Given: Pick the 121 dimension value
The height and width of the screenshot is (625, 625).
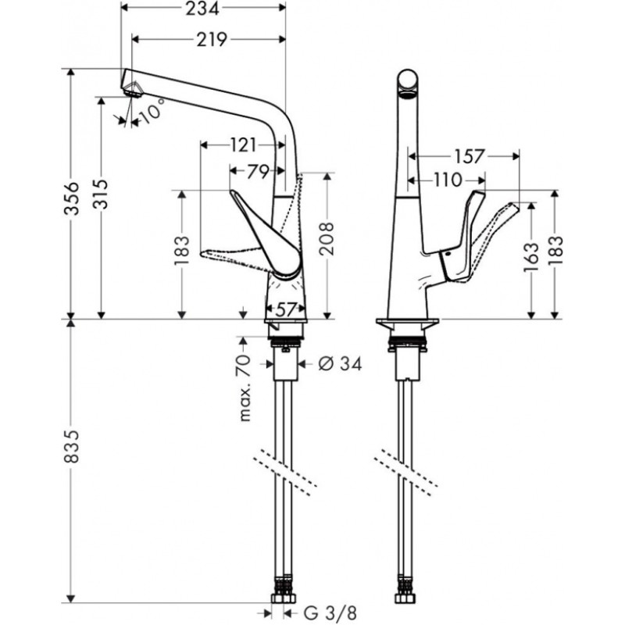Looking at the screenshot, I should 244,145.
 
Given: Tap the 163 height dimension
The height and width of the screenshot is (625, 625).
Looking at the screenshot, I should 532,255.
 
